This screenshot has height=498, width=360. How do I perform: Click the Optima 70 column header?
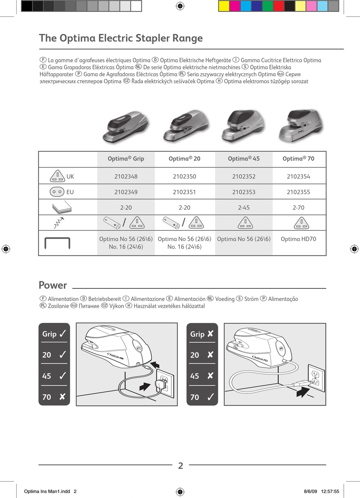298,158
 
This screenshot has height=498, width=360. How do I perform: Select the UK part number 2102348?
126,177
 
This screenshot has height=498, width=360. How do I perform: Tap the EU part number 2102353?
244,192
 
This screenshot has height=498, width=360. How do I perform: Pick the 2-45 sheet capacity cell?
244,207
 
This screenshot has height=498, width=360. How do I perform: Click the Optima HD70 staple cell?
298,239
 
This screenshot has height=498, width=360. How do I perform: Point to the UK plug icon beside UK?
57,176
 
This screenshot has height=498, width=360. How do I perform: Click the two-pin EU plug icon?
57,192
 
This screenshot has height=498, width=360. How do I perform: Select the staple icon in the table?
57,243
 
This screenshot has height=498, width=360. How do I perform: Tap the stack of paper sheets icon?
62,207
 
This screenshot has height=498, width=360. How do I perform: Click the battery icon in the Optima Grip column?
112,223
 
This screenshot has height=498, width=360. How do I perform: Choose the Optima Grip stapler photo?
126,127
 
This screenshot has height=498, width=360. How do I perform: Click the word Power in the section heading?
53,285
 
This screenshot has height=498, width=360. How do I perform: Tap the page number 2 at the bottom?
180,466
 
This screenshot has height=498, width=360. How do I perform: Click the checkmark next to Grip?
63,334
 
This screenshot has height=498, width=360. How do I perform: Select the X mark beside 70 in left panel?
63,396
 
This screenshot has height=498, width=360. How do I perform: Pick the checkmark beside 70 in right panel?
211,397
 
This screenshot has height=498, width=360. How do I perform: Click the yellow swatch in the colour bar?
224,6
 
